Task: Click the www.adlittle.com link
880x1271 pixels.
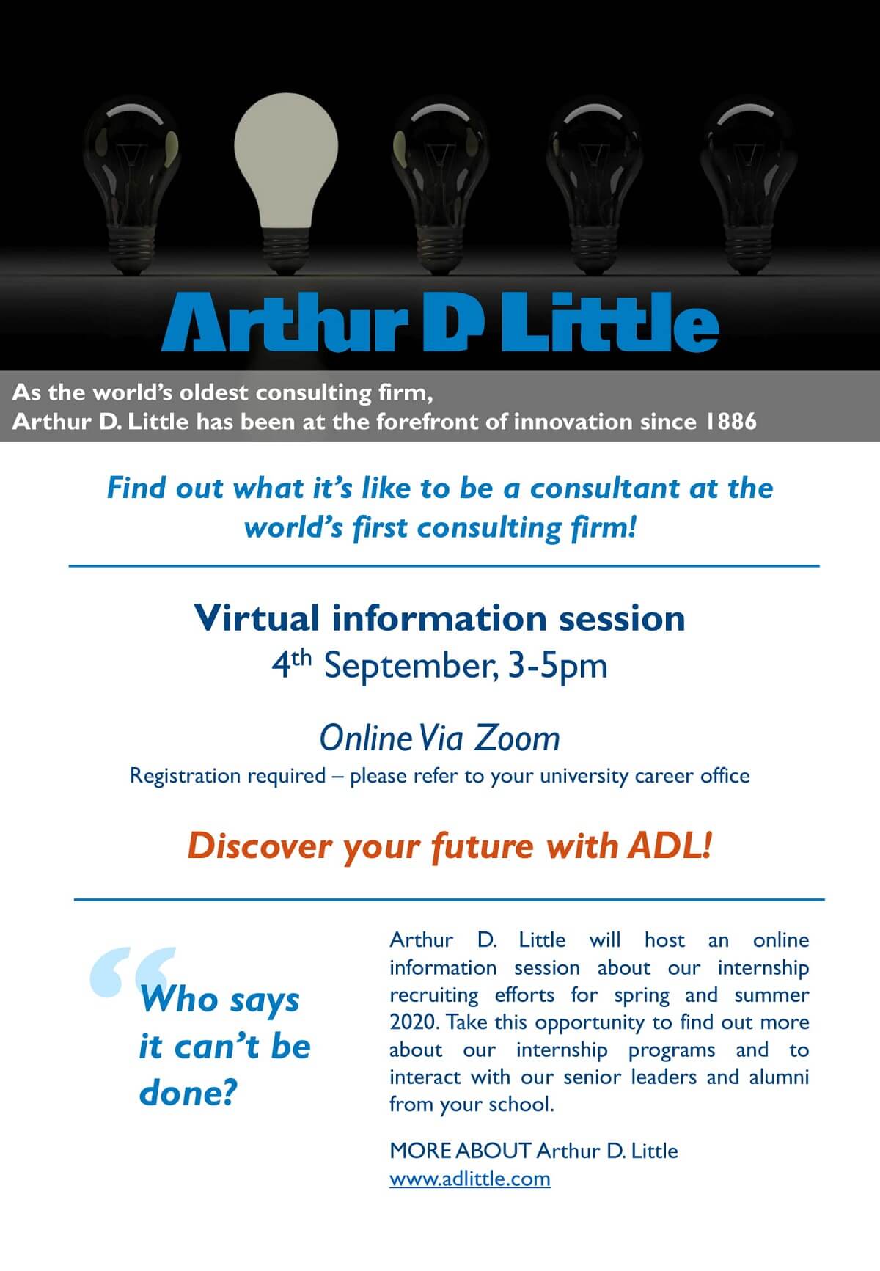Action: (x=469, y=1179)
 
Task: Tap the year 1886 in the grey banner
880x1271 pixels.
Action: (x=731, y=421)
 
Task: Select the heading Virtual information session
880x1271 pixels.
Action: (x=440, y=618)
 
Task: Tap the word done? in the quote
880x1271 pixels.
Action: (x=188, y=1093)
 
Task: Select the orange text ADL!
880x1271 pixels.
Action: (x=670, y=846)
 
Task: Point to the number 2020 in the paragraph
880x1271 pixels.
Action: (x=413, y=1022)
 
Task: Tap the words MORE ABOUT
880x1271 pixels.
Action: (x=460, y=1150)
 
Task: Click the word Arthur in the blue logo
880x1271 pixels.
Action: (x=285, y=322)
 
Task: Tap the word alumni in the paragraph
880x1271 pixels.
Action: (x=779, y=1077)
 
